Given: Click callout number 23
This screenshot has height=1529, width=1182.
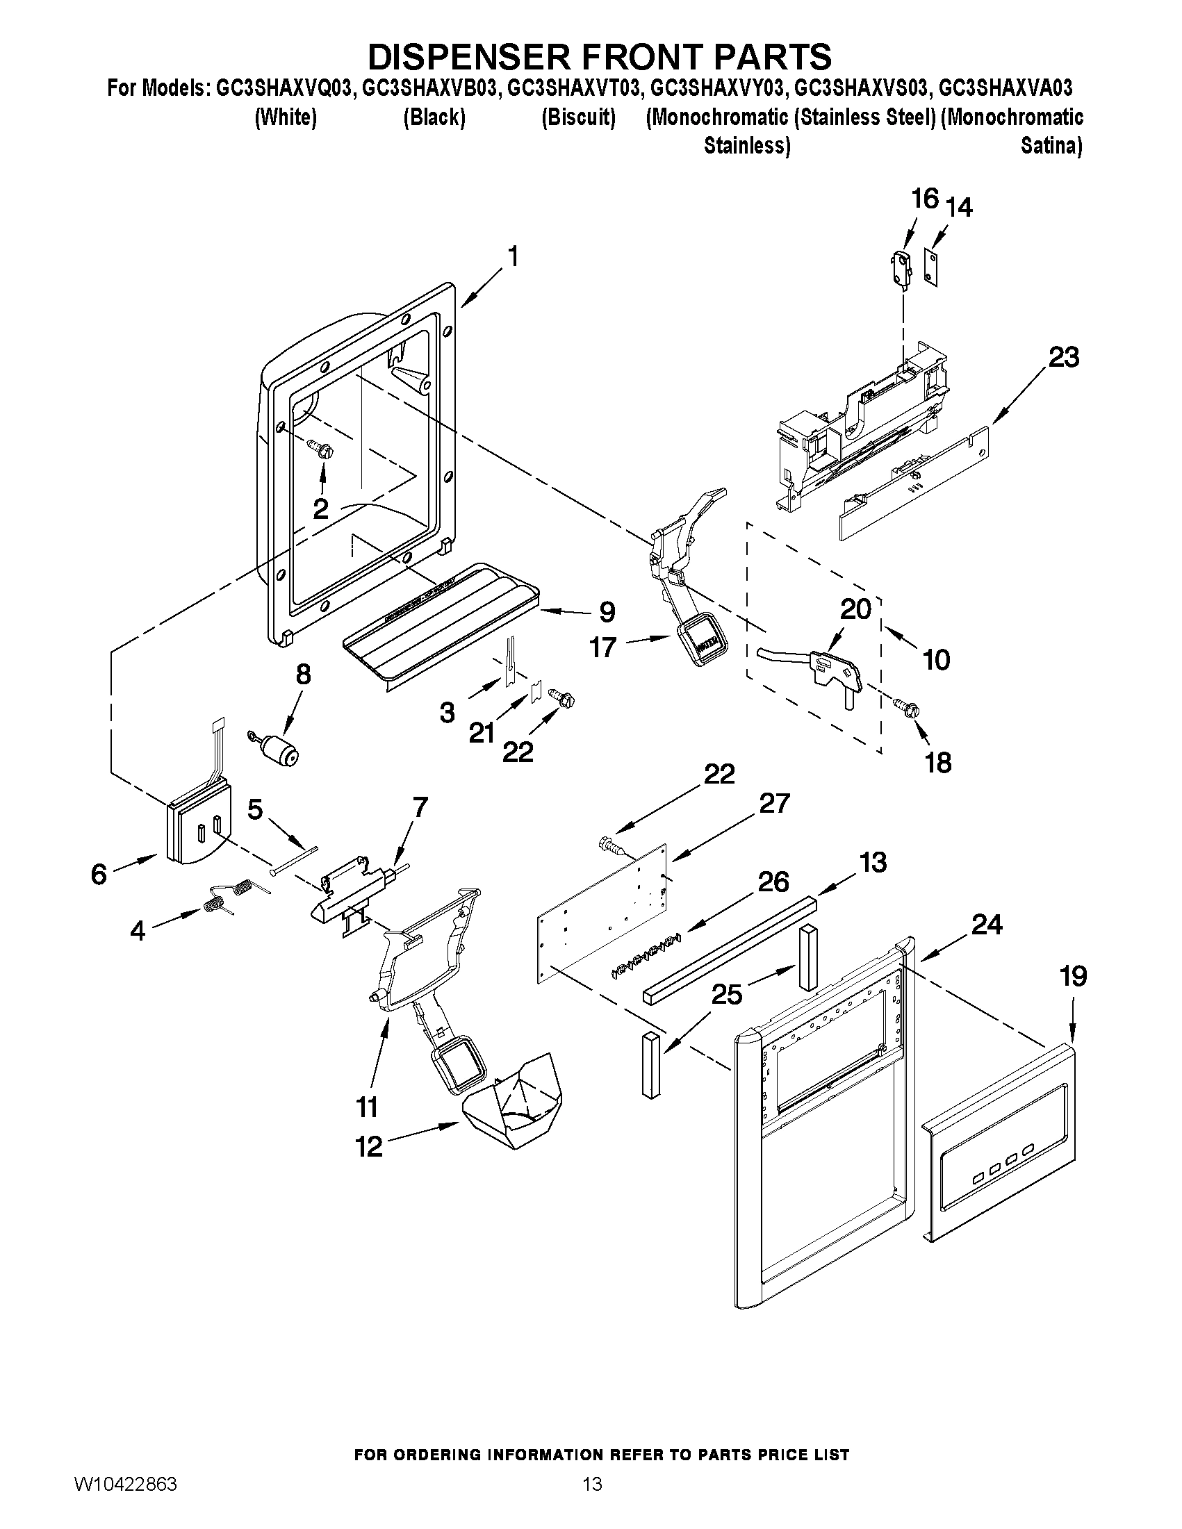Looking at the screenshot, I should point(1063,358).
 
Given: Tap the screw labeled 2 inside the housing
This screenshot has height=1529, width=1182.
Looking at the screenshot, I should point(325,449).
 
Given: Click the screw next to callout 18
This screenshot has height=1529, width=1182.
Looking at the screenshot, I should point(908,709).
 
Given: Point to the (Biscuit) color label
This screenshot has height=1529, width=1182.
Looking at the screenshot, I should point(578,117).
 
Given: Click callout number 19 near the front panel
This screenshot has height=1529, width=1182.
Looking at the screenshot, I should point(1074,976).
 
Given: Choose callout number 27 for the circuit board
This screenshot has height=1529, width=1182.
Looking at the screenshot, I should point(774,803).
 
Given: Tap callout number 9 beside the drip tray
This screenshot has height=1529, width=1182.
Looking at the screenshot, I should point(607,612).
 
